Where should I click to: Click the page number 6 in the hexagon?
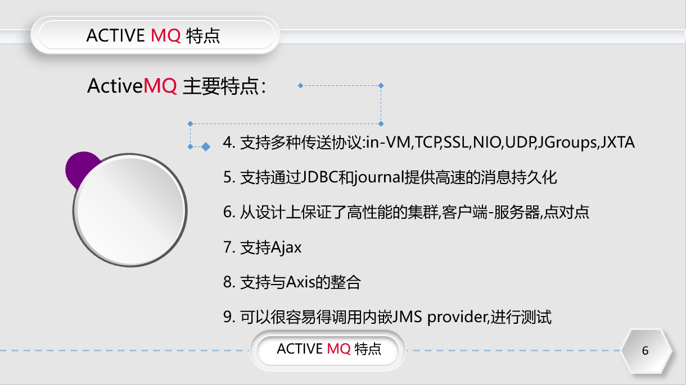[x=645, y=351]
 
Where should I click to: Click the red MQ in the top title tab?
[x=166, y=36]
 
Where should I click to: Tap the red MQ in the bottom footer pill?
[x=339, y=349]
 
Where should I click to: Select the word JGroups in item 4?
[x=566, y=143]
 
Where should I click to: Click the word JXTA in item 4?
[x=617, y=143]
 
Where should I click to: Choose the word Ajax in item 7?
[x=287, y=247]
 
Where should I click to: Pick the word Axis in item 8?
[x=304, y=282]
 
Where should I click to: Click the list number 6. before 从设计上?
[x=228, y=213]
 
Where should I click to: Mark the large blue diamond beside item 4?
[x=206, y=146]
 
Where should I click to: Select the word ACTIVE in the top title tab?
[x=115, y=36]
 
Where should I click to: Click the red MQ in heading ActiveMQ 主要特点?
[x=161, y=86]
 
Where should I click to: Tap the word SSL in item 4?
[x=456, y=143]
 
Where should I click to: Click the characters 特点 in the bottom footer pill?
[x=368, y=349]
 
